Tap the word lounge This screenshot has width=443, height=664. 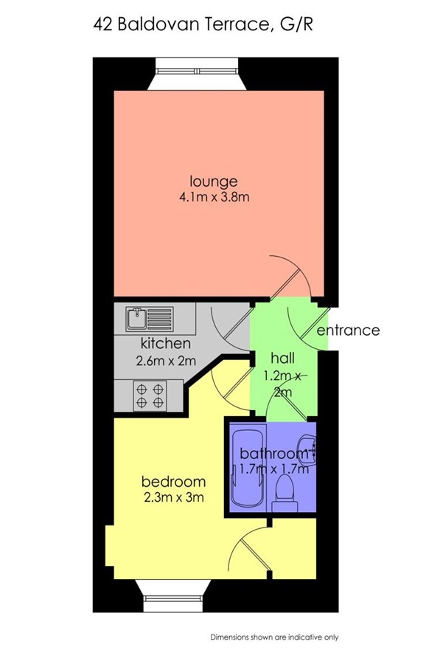pyautogui.click(x=214, y=181)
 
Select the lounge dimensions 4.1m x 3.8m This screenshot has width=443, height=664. pyautogui.click(x=214, y=197)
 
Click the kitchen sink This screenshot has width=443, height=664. pyautogui.click(x=149, y=319)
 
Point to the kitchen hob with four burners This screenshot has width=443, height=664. pyautogui.click(x=150, y=395)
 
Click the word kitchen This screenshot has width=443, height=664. pyautogui.click(x=165, y=342)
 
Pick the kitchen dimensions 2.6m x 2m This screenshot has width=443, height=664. pyautogui.click(x=166, y=361)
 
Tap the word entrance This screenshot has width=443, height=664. pyautogui.click(x=348, y=330)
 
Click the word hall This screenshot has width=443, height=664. pyautogui.click(x=282, y=359)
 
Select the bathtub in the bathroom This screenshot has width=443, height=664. pyautogui.click(x=248, y=468)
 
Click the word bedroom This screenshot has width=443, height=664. pyautogui.click(x=173, y=482)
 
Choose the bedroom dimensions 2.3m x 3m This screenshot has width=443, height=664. pyautogui.click(x=174, y=497)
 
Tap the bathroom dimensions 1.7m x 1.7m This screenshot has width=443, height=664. pyautogui.click(x=274, y=468)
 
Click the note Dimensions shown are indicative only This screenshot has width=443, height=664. pyautogui.click(x=275, y=637)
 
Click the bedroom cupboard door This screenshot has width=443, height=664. pyautogui.click(x=250, y=551)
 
